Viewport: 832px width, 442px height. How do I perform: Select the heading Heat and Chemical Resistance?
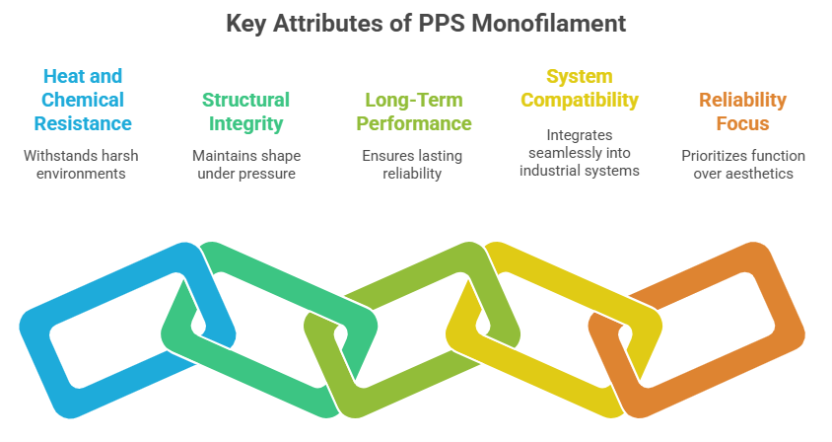click(x=83, y=100)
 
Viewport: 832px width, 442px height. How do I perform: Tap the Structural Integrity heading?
click(x=245, y=111)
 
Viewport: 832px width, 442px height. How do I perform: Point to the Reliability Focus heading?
click(x=742, y=111)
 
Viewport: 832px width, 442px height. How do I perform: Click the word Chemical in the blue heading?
click(x=83, y=100)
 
